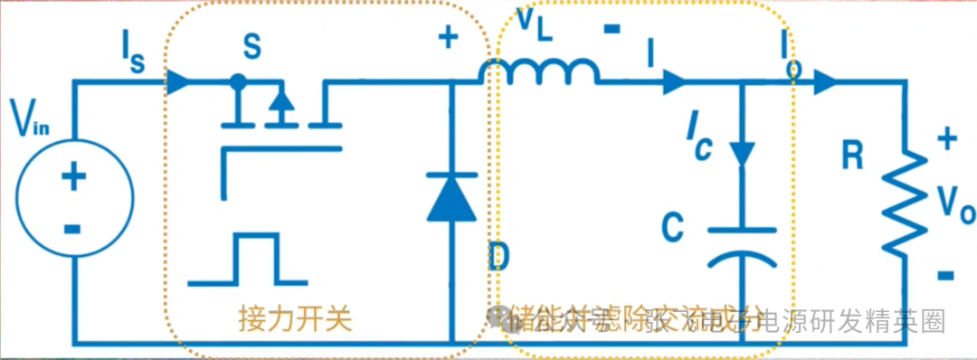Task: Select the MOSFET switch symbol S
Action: pyautogui.click(x=280, y=118)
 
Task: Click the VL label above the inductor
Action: pyautogui.click(x=537, y=24)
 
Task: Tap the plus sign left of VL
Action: pyautogui.click(x=449, y=37)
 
